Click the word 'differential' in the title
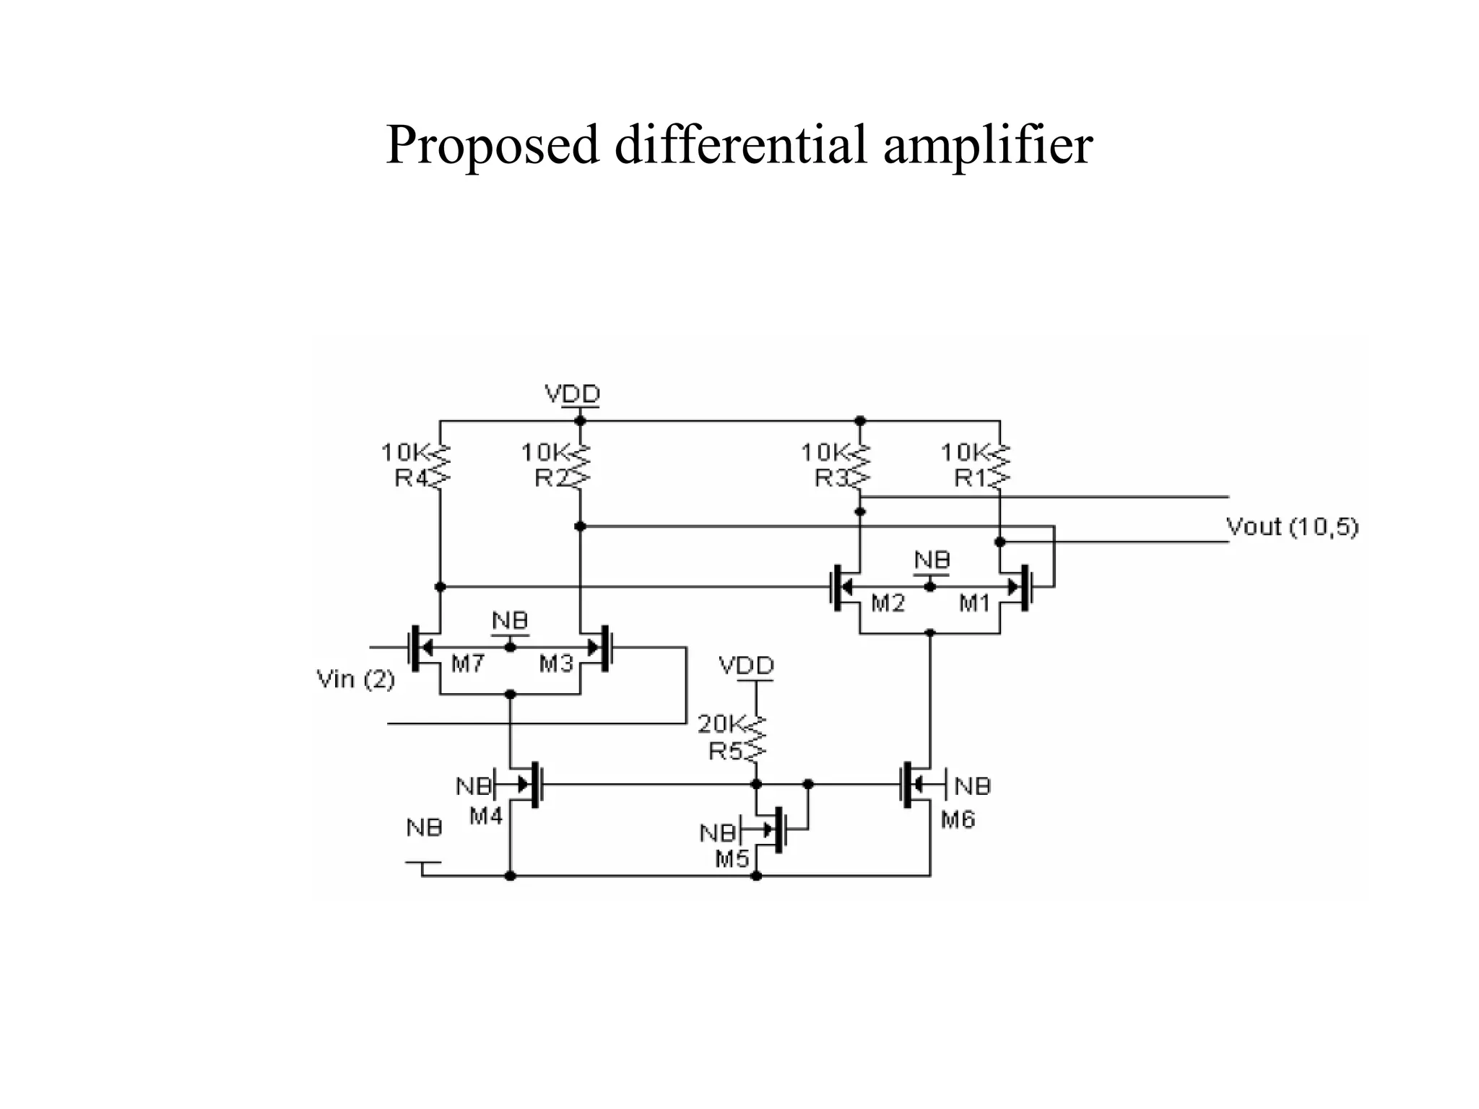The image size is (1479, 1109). point(739,144)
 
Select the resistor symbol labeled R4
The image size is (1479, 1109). point(440,466)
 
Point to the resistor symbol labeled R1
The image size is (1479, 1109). point(1000,466)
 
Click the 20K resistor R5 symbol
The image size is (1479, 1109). point(756,739)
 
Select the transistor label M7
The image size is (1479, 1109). point(467,664)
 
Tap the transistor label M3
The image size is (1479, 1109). point(555,664)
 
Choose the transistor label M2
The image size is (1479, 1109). point(888,603)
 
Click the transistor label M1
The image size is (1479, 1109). point(974,603)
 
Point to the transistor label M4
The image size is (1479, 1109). point(485,817)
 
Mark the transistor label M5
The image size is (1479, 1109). point(732,858)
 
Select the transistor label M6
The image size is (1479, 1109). point(958,819)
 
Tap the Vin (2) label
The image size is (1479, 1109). point(356,679)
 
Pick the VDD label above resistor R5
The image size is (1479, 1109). point(746,665)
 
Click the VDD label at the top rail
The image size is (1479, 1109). point(572,394)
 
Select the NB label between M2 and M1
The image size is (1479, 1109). point(932,560)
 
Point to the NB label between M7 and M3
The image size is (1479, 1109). point(510,621)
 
